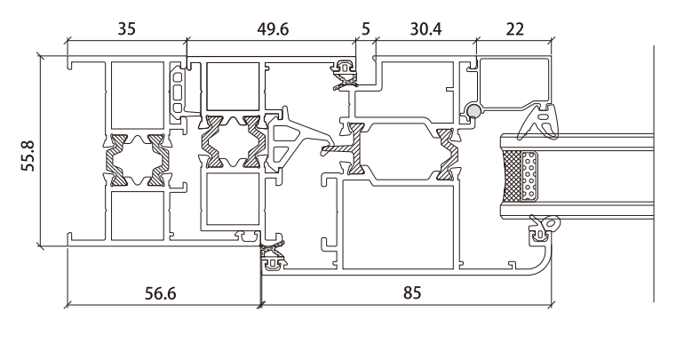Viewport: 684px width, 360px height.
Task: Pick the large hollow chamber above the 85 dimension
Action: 397,222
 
